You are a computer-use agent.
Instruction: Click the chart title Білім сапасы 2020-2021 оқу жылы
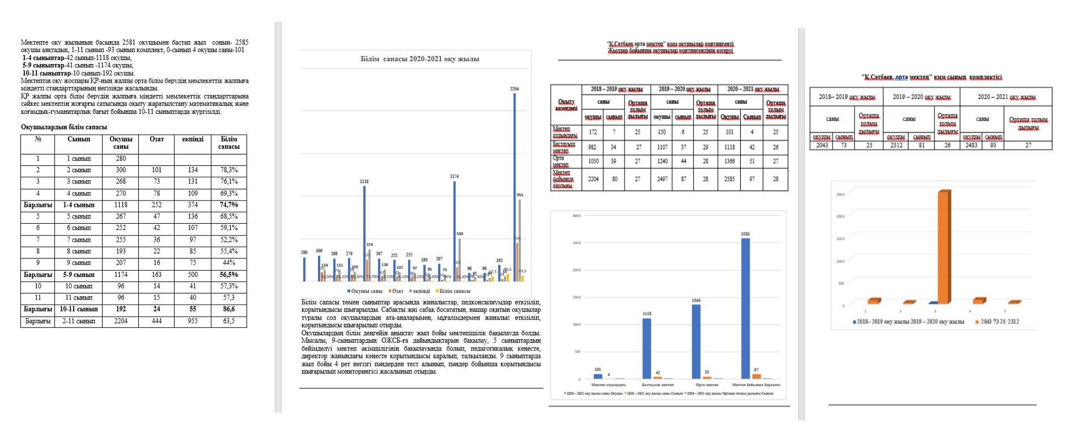[420, 59]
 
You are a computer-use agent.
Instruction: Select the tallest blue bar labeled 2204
[515, 187]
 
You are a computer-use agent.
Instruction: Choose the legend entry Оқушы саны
[366, 291]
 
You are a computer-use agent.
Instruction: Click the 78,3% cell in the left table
[228, 170]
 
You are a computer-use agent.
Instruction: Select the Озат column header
[156, 139]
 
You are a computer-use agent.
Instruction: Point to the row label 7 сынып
[79, 240]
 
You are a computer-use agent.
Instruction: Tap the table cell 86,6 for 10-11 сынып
[228, 309]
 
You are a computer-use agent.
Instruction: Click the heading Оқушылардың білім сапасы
[63, 127]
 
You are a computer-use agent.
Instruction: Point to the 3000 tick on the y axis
[576, 216]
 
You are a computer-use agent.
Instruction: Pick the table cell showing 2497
[661, 179]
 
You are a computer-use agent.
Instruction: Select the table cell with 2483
[971, 146]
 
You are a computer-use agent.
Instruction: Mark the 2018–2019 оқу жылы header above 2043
[847, 97]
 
